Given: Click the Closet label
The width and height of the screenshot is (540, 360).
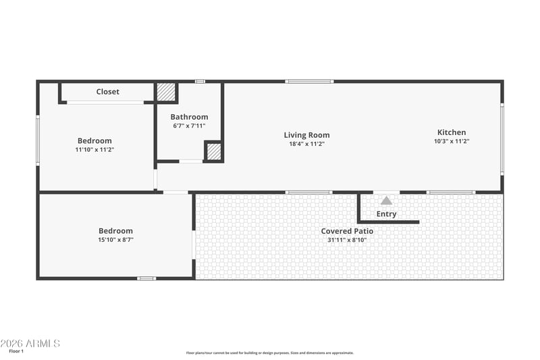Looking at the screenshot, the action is click(x=107, y=92).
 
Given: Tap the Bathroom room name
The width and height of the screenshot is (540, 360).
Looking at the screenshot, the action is click(x=189, y=117).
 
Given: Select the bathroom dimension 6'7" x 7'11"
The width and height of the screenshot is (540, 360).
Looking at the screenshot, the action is click(x=189, y=126).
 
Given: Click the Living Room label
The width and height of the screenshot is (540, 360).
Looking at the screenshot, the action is click(x=306, y=135).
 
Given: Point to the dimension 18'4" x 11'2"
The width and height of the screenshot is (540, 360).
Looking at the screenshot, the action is click(x=306, y=144).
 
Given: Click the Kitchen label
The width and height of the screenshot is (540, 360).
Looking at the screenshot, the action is click(x=452, y=132).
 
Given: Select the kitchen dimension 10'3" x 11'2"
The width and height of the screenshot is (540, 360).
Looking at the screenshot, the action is click(x=452, y=141).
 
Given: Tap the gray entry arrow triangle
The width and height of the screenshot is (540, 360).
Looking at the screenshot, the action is click(x=386, y=201).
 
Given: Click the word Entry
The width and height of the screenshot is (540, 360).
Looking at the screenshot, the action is click(x=386, y=214).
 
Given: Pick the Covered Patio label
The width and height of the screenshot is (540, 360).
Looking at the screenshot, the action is click(x=347, y=231).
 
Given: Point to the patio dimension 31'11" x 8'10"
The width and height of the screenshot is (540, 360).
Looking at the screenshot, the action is click(x=347, y=240).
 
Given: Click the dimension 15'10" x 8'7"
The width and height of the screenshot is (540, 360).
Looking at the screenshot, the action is click(x=115, y=239).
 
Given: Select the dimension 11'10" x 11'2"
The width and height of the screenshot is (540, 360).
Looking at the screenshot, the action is click(x=94, y=149).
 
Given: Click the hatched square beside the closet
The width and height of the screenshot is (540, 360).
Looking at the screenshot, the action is click(x=166, y=92).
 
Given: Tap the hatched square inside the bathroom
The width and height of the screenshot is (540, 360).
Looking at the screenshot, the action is click(x=214, y=151).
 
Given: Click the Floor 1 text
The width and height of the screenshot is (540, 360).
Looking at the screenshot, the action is click(x=16, y=351).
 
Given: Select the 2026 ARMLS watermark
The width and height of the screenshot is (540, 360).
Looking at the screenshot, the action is click(x=30, y=344).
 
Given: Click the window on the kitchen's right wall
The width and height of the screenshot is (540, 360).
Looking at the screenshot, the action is click(x=502, y=139).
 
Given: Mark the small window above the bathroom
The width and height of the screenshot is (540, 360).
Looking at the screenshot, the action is click(x=200, y=82).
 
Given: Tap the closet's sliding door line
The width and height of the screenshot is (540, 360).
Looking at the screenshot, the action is click(x=105, y=103).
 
